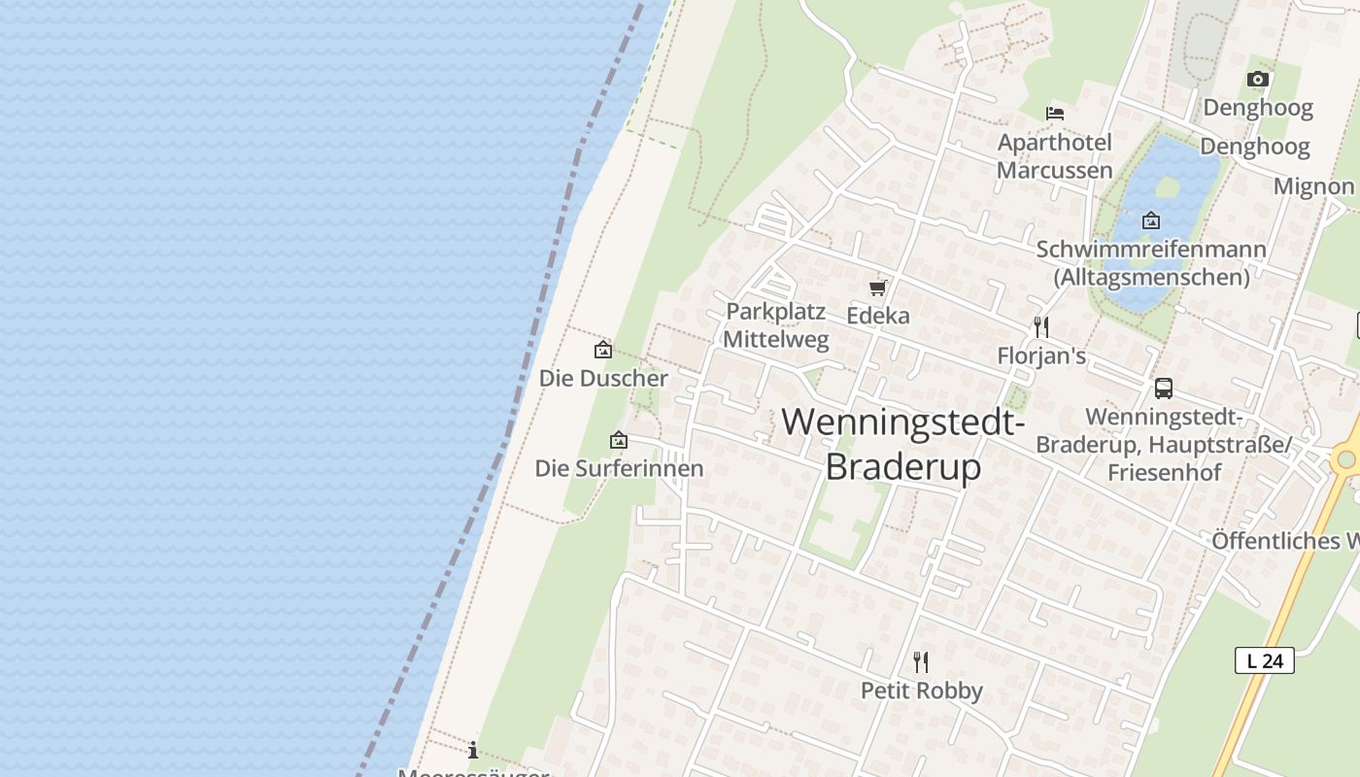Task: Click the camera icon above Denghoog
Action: pyautogui.click(x=1258, y=80)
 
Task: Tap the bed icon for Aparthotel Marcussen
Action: pyautogui.click(x=1055, y=114)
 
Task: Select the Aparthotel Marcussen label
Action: pyautogui.click(x=1055, y=156)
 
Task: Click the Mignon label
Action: pyautogui.click(x=1314, y=186)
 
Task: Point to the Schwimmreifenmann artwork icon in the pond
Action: pyautogui.click(x=1151, y=220)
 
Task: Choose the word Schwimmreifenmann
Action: pyautogui.click(x=1151, y=250)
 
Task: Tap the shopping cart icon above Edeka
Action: pyautogui.click(x=878, y=287)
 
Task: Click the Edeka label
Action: pyautogui.click(x=878, y=316)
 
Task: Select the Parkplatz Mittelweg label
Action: pyautogui.click(x=776, y=325)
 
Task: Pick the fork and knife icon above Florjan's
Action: pyautogui.click(x=1041, y=326)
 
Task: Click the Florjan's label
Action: pyautogui.click(x=1041, y=356)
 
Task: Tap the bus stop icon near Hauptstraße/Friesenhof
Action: pyautogui.click(x=1164, y=388)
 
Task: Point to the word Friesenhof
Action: pyautogui.click(x=1164, y=473)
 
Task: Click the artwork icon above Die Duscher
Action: pyautogui.click(x=603, y=350)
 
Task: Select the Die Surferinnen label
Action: pyautogui.click(x=619, y=468)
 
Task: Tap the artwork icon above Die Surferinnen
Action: pyautogui.click(x=619, y=441)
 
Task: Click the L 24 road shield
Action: pyautogui.click(x=1265, y=660)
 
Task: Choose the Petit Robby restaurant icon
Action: pyautogui.click(x=921, y=662)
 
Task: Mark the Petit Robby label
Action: pyautogui.click(x=922, y=691)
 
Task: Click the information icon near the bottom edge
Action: pyautogui.click(x=473, y=750)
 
